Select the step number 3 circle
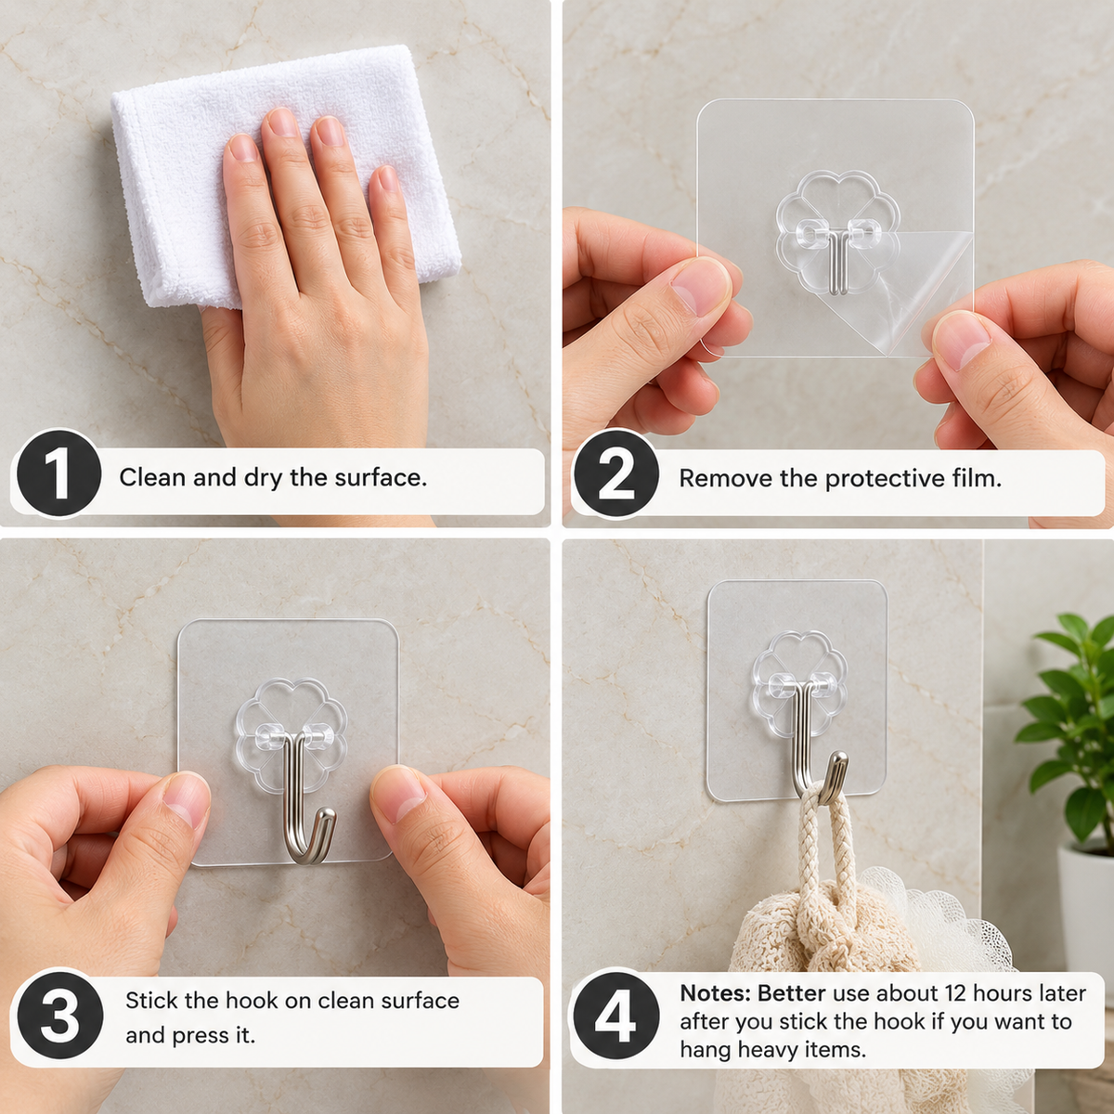coord(60,1017)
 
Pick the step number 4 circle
coord(616,1016)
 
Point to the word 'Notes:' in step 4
coord(715,993)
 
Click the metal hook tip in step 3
coord(327,816)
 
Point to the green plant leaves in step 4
coord(1069,729)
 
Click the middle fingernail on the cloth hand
coord(283,123)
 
